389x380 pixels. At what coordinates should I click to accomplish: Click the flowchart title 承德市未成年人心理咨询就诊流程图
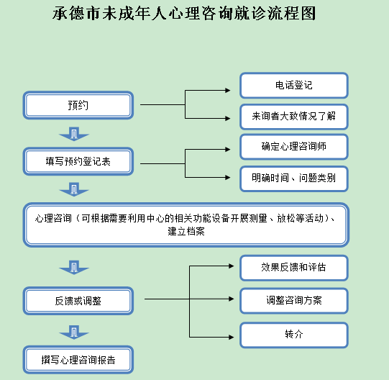pos(184,14)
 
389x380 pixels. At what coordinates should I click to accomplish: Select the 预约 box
pos(78,105)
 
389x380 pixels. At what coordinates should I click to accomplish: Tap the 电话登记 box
pos(294,86)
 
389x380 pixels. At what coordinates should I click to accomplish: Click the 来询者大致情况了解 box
pos(294,117)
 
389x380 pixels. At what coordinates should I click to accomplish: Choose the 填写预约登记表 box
pos(78,161)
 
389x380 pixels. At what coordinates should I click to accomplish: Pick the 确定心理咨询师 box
pos(294,147)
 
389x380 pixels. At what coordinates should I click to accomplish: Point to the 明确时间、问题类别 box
pos(294,178)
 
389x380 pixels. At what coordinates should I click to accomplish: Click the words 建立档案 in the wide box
pos(186,232)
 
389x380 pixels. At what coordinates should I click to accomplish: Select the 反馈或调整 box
pos(78,301)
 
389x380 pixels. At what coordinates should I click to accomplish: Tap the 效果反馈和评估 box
pos(294,268)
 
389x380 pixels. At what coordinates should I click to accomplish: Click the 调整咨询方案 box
pos(294,301)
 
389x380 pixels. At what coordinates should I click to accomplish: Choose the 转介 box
pos(294,335)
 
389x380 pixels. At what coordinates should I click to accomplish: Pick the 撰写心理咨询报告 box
pos(78,360)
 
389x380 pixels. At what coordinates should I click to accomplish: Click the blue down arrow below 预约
pos(74,134)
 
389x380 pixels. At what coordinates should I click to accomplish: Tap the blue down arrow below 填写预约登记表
pos(74,189)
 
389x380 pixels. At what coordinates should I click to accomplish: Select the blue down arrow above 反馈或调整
pos(74,268)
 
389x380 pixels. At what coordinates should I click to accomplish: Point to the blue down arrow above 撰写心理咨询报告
pos(74,332)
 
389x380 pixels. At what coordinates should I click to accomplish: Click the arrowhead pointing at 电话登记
pos(228,91)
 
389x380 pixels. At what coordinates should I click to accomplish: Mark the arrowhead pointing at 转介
pos(232,337)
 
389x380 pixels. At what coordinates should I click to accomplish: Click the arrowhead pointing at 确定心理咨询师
pos(228,149)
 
